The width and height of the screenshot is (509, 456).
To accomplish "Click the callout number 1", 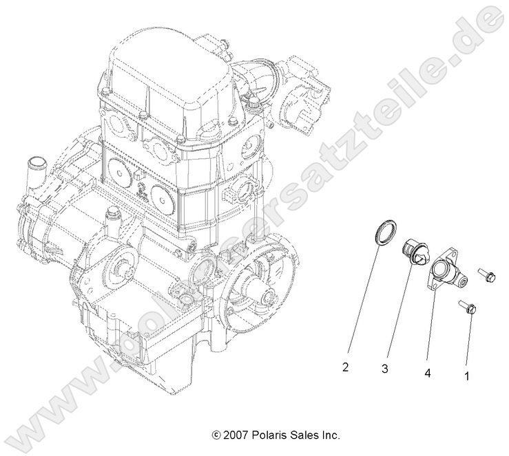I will [x=468, y=376].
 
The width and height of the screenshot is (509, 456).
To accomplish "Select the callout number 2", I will [x=345, y=367].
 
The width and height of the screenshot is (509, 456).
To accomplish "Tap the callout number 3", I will [x=384, y=369].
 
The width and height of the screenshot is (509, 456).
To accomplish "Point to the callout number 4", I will [x=427, y=373].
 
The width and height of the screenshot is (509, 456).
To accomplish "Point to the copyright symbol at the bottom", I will [x=216, y=435].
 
